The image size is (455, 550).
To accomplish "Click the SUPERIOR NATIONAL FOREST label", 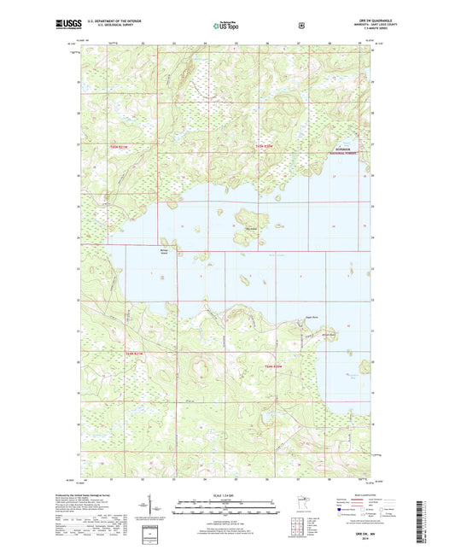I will point(351,155).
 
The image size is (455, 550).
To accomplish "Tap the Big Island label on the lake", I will point(252,228).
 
